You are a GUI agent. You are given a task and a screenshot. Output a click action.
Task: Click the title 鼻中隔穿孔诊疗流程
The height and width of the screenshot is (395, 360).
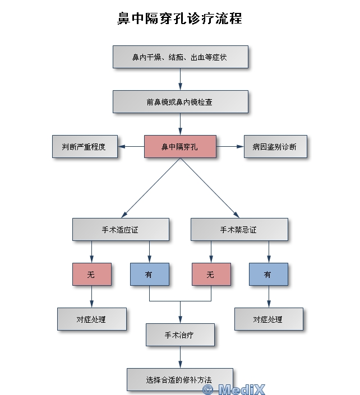click(179, 18)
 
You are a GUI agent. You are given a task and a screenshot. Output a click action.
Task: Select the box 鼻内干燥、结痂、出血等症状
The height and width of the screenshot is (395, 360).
click(180, 57)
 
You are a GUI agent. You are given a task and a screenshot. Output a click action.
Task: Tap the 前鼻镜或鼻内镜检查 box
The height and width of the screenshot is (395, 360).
click(180, 102)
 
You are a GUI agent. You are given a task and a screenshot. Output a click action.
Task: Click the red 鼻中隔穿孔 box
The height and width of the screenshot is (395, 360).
click(180, 147)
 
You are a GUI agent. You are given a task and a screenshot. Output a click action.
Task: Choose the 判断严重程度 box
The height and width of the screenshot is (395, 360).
click(85, 147)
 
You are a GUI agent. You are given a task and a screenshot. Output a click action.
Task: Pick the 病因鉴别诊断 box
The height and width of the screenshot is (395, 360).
click(275, 147)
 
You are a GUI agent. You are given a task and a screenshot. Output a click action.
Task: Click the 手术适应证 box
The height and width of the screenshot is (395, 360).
click(121, 230)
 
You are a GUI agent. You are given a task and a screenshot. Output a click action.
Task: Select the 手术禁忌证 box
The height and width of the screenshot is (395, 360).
click(239, 230)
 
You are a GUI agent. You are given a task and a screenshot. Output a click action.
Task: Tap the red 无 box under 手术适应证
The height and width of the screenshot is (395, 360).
click(91, 275)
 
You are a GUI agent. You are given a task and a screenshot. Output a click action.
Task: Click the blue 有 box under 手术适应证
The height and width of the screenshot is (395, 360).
click(149, 275)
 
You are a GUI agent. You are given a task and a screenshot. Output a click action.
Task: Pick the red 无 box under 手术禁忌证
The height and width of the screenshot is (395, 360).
click(211, 275)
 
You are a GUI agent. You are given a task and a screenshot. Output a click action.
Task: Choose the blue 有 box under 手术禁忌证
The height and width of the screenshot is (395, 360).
click(269, 275)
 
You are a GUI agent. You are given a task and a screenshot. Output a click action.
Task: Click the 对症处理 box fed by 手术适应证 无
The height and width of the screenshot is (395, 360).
click(91, 319)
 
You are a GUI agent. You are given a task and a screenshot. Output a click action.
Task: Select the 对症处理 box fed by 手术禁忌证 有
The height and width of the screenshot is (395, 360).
click(269, 319)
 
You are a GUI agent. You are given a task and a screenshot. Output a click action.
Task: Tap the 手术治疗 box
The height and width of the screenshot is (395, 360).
click(180, 335)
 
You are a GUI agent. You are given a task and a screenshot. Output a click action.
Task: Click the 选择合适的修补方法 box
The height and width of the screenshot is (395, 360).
click(179, 379)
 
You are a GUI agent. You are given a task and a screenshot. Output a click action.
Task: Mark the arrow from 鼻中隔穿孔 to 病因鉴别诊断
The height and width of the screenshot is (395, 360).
click(230, 147)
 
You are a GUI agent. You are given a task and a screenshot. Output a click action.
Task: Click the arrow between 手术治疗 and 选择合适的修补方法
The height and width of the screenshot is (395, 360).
click(180, 357)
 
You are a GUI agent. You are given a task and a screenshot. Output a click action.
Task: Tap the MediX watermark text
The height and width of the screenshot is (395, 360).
click(234, 388)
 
